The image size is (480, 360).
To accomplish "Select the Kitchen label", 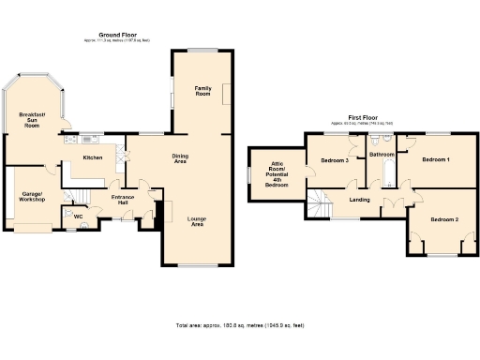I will tap(92, 157).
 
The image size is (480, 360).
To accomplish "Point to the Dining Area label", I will tap(180, 159).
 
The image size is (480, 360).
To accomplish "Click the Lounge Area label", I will tap(197, 222).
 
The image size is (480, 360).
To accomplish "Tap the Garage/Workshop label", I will tap(33, 197).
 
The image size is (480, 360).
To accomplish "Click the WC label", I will tap(79, 217).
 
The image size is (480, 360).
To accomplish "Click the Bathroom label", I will tap(381, 154).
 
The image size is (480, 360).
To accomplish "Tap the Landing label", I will tap(359, 200).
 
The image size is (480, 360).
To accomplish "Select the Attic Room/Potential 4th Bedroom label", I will tap(277, 174).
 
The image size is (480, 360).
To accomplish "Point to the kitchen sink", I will tap(71, 141).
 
